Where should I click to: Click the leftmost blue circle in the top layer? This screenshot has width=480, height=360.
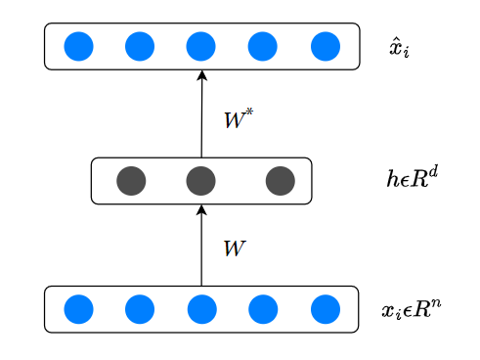point(78,46)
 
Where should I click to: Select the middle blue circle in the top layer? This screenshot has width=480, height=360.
point(200,46)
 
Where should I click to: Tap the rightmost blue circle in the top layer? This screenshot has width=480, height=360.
point(326,46)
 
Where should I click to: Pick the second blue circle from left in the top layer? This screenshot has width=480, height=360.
point(140,46)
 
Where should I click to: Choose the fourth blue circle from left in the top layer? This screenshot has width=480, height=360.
point(263,46)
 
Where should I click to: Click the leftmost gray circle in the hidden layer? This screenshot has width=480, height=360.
point(131,180)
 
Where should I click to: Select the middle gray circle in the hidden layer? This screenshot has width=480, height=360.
point(200,180)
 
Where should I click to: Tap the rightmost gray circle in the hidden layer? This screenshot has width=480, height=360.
point(280,180)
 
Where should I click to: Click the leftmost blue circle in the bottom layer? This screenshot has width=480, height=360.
point(78,309)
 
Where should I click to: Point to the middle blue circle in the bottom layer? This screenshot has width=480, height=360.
point(201,309)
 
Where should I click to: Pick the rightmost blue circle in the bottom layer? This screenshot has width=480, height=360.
point(326,309)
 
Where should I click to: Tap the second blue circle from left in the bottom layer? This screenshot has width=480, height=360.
point(140,309)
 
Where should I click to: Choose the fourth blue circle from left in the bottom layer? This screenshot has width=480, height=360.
point(263,309)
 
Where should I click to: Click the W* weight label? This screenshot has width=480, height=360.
point(239,120)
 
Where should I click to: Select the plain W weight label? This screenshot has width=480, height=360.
point(235,248)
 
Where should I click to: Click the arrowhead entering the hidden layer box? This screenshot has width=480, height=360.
point(201,210)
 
